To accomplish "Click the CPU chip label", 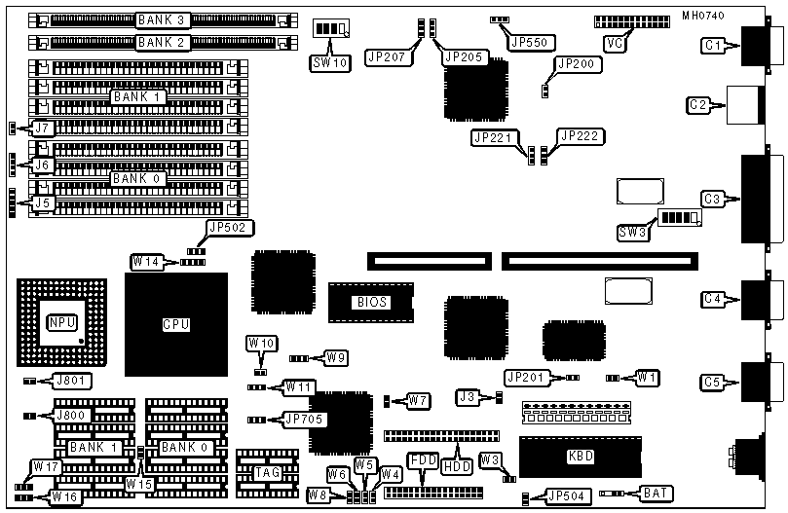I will click(x=176, y=324).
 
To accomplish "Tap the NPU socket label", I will click(x=59, y=321).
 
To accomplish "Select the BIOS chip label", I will click(x=370, y=302).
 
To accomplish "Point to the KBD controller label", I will click(x=581, y=456).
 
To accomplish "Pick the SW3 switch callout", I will click(x=634, y=233).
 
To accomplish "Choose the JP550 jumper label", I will click(x=532, y=43).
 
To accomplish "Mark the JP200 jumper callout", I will click(x=578, y=64).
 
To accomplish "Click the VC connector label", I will click(x=615, y=44).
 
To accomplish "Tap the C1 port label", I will click(x=713, y=46).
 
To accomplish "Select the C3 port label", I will click(x=713, y=200).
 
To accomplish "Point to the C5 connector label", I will click(x=713, y=383).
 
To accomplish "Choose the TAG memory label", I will click(x=267, y=472).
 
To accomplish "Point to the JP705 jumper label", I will click(x=305, y=420).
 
